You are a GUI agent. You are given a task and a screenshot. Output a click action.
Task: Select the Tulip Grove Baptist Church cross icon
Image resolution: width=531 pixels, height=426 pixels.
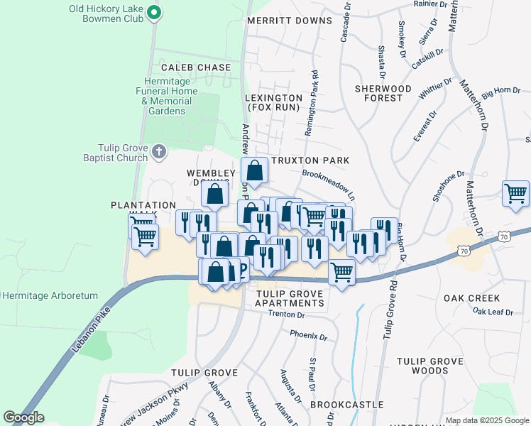point(159,151)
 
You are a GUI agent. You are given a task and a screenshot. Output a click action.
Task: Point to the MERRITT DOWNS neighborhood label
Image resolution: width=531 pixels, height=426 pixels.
point(290,21)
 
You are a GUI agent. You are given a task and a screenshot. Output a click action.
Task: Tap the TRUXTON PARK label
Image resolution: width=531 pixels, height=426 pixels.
point(310,160)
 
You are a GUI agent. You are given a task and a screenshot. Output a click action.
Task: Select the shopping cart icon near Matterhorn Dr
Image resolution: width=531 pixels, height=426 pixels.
point(515,194)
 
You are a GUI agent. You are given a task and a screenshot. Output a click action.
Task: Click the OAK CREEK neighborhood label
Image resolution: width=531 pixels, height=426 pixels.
point(472,299)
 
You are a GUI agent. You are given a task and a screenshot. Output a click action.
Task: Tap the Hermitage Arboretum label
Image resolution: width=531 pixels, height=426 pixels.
point(49,295)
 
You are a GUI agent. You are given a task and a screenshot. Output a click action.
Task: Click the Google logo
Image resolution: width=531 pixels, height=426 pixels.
point(23,417)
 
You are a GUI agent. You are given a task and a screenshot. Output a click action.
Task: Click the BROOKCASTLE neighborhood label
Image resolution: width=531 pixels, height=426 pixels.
point(336,404)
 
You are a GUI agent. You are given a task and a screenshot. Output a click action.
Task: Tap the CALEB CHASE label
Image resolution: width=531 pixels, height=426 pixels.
point(196,67)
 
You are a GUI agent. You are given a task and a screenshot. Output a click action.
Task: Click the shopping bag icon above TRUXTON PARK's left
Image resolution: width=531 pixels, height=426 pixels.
point(254,171)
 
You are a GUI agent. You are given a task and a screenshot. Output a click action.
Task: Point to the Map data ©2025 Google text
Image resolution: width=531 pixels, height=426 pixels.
point(486,420)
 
